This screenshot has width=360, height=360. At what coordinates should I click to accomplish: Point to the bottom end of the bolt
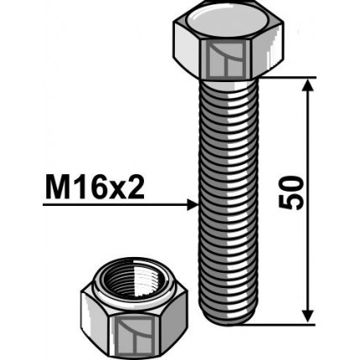tap(224, 319)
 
